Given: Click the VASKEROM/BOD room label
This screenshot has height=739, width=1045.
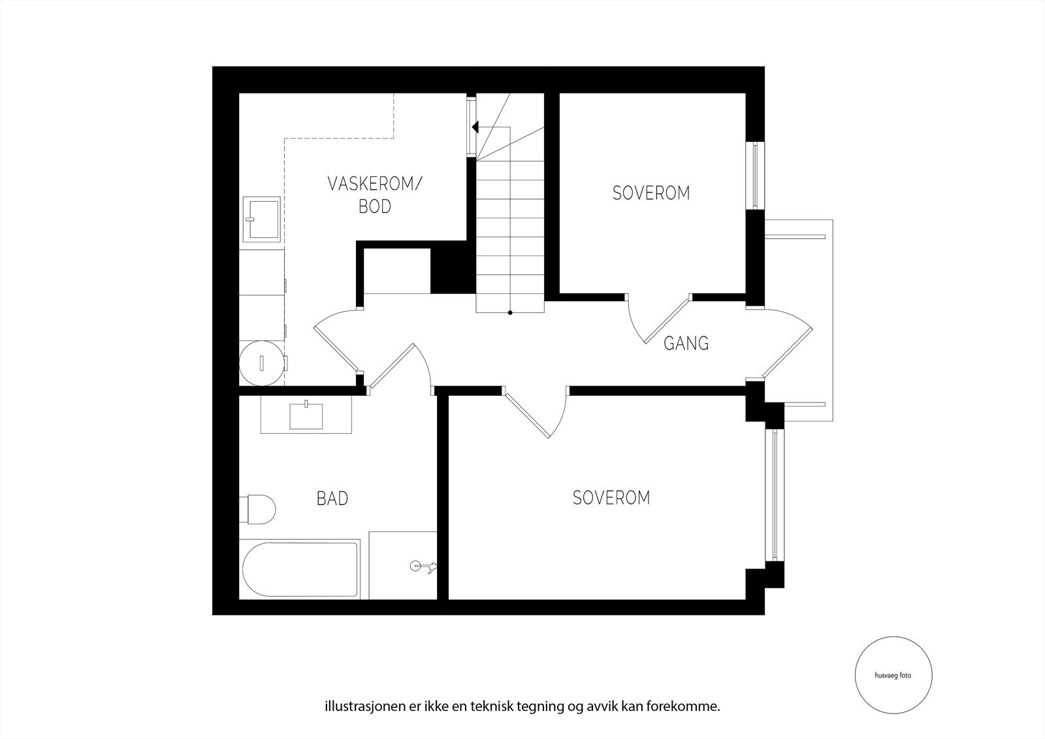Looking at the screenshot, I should (x=375, y=195).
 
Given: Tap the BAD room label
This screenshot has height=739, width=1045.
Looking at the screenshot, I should (x=332, y=499).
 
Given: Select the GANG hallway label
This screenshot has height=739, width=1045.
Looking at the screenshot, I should (x=686, y=343).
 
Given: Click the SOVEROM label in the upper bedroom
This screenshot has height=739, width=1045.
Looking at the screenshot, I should (x=651, y=193).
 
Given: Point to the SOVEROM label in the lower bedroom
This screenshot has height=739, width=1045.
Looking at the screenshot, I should (x=611, y=498).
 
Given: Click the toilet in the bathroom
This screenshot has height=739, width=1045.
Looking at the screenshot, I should (x=257, y=510).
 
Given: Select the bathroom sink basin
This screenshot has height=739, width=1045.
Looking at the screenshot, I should (x=306, y=416).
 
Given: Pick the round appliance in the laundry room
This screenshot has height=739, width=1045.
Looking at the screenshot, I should (x=262, y=362).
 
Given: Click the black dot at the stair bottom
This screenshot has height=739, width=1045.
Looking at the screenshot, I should (x=510, y=313).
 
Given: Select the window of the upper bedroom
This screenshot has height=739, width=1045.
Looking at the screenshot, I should (x=755, y=176).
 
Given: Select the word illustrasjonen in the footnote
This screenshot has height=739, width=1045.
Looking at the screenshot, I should (x=355, y=706).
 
